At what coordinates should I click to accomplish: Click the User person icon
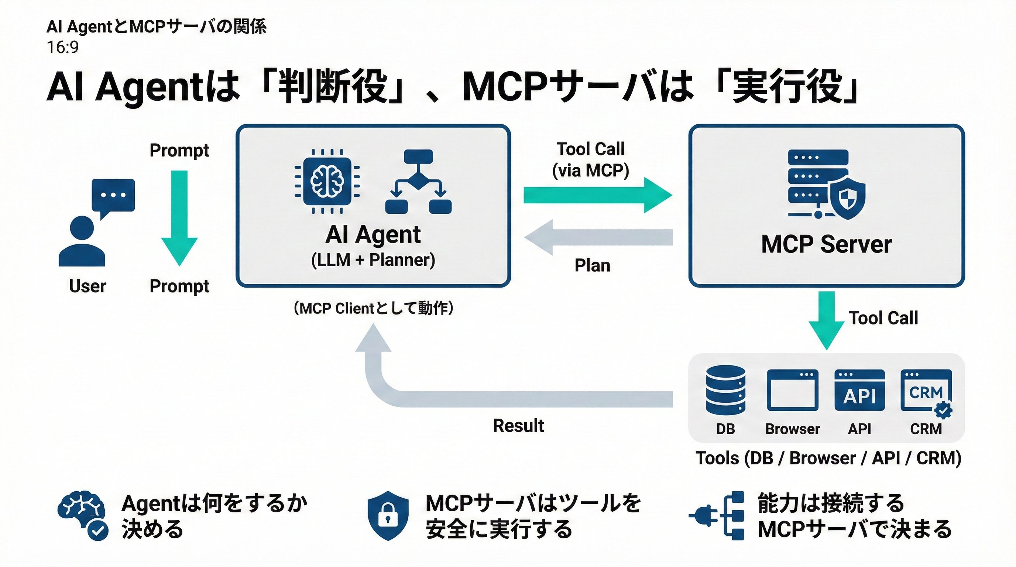click(82, 241)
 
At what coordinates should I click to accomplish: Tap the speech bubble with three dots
click(113, 196)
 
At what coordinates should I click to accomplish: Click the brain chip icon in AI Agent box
click(327, 181)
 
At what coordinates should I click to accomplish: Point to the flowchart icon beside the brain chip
click(418, 182)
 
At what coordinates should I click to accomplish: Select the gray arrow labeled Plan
click(598, 237)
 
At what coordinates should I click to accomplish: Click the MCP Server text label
click(826, 244)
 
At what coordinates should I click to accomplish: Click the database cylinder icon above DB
click(726, 390)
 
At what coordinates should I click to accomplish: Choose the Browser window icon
click(792, 390)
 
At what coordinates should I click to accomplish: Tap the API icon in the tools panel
click(859, 390)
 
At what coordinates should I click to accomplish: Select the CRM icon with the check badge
click(926, 392)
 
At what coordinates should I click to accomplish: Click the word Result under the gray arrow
click(518, 426)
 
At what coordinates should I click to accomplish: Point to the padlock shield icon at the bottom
click(388, 515)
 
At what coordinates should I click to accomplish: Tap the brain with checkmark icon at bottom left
click(83, 515)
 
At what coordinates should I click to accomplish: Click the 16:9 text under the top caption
click(63, 47)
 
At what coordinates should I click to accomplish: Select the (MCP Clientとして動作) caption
click(373, 308)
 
